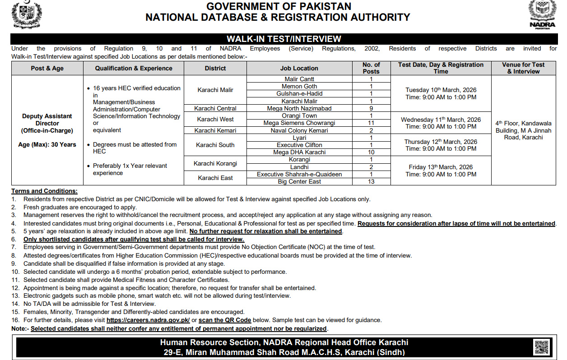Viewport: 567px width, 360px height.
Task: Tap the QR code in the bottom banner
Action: pos(541,347)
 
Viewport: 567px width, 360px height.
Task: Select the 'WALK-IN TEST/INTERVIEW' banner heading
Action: pos(283,39)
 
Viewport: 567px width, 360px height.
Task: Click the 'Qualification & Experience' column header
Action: pos(134,68)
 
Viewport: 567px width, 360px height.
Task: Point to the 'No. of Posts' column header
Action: pos(371,68)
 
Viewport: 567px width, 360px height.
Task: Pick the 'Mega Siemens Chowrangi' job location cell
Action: pos(299,123)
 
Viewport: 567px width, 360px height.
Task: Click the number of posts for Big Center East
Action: pos(371,181)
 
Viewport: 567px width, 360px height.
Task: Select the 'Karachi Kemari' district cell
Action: pos(215,130)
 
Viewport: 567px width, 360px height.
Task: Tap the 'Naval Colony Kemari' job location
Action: pos(299,130)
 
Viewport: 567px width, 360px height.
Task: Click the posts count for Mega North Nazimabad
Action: pos(371,108)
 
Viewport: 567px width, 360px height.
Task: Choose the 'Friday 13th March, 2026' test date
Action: pos(441,167)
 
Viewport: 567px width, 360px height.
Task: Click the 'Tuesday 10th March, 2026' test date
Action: pos(441,90)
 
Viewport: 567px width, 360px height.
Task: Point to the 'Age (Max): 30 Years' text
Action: pos(47,145)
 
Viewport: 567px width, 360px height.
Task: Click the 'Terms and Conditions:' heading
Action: pos(44,191)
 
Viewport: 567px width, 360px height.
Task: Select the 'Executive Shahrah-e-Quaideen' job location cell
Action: pos(299,174)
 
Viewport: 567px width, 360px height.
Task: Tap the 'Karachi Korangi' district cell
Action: pos(215,163)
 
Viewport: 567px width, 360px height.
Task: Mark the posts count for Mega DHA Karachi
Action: pos(371,152)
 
